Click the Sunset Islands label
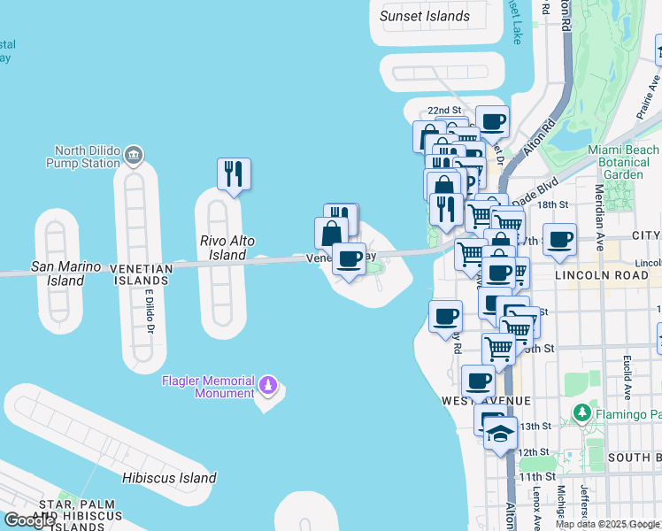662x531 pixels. tap(425, 16)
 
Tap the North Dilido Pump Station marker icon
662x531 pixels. tap(134, 156)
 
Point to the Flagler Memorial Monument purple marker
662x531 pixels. tap(268, 387)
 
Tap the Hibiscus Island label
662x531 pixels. tap(169, 478)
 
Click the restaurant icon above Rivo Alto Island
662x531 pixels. tap(234, 173)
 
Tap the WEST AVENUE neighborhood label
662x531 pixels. tap(486, 401)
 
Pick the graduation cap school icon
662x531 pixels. tap(500, 433)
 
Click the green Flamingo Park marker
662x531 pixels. tap(581, 412)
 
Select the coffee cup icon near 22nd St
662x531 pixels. tap(492, 121)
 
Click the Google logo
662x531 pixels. tap(29, 520)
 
